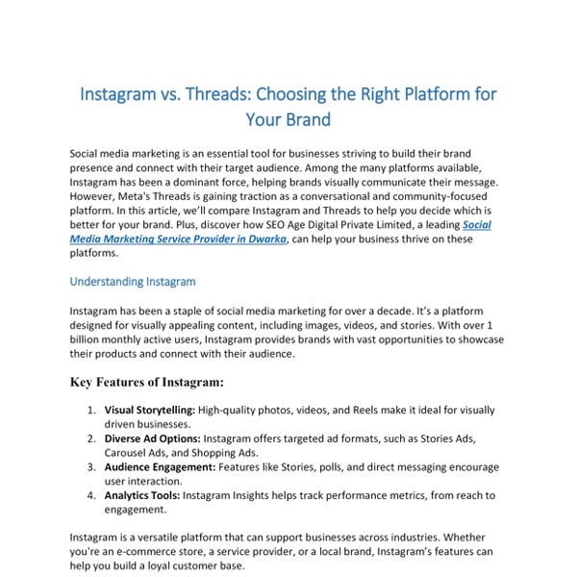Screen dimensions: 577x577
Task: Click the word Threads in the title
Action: (x=218, y=96)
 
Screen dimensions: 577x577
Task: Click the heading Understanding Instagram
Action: (x=133, y=282)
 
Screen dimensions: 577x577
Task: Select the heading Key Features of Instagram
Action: (x=147, y=383)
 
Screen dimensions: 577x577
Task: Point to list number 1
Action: (x=90, y=410)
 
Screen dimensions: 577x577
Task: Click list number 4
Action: (x=90, y=495)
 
